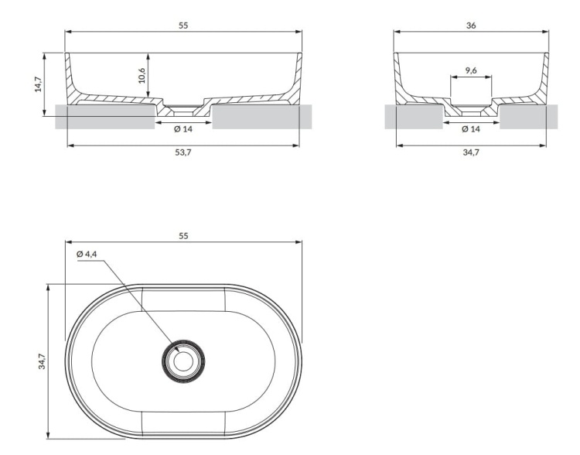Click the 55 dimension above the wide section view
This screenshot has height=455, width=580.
[x=183, y=26]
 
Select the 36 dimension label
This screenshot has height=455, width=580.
[x=471, y=26]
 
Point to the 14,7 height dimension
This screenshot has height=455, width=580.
[x=38, y=84]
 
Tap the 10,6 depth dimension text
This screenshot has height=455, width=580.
[x=143, y=76]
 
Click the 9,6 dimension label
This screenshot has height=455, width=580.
[x=471, y=70]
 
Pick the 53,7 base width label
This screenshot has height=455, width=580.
[x=183, y=152]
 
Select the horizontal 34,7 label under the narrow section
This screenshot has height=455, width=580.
[x=471, y=152]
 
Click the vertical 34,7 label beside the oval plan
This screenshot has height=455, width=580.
[x=43, y=361]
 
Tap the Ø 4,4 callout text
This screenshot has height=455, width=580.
[x=87, y=254]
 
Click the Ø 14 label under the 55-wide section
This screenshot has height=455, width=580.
[x=183, y=128]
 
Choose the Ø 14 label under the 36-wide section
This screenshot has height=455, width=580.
[x=471, y=128]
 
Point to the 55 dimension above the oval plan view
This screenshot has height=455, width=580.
[x=183, y=236]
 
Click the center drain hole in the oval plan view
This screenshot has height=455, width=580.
[x=183, y=361]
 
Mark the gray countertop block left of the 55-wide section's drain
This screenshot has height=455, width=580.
[x=104, y=117]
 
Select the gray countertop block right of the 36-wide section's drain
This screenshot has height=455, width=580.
[x=529, y=117]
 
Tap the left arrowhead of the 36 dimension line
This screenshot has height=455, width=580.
[x=397, y=32]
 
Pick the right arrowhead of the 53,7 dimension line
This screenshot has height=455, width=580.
[x=295, y=145]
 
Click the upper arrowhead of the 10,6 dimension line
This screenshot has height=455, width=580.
[x=148, y=56]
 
